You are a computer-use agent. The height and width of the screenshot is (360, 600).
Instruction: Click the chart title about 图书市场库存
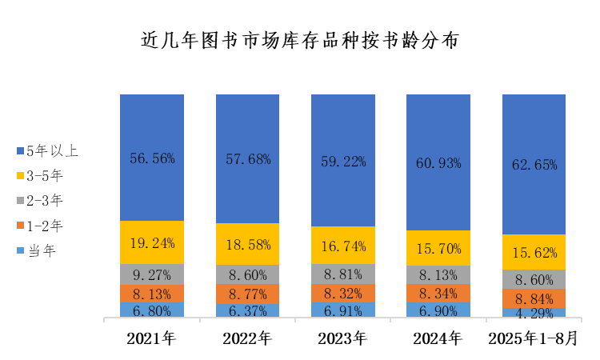click(300, 40)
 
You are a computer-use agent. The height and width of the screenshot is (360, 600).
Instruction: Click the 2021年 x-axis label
click(151, 338)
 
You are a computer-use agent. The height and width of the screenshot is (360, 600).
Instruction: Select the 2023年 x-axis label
click(342, 338)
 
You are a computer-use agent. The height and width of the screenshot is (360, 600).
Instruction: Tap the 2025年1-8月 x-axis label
click(534, 338)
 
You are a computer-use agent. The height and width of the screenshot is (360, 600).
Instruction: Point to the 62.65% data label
click(534, 165)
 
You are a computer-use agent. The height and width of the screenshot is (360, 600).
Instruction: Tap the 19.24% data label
click(152, 242)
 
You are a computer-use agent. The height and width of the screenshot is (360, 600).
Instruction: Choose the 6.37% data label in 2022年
click(248, 310)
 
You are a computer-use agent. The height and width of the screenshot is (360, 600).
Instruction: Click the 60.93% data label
click(438, 162)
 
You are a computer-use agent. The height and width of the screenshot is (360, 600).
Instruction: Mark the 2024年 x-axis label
click(438, 338)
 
